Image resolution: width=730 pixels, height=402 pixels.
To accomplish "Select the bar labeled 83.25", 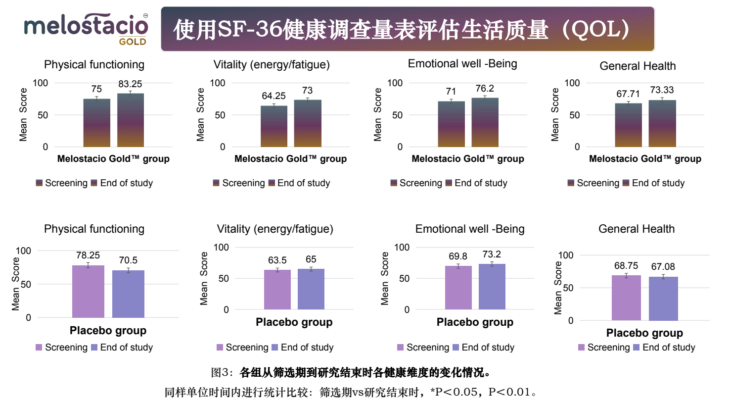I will click(131, 120).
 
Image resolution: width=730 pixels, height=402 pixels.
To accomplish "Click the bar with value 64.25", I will click(274, 126).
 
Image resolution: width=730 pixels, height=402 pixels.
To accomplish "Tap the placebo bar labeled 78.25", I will click(88, 292).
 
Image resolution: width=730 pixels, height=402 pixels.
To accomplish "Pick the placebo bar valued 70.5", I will click(128, 294).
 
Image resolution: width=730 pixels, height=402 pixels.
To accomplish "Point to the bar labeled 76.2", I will click(485, 122).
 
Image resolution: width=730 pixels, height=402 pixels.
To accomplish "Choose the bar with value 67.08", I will click(663, 299).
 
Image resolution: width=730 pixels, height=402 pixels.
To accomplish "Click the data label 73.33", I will click(662, 90).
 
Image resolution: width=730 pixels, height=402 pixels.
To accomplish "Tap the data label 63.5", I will click(277, 260).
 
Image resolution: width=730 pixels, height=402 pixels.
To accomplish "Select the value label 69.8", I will click(458, 256).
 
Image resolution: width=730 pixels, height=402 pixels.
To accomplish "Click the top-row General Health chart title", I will click(638, 66).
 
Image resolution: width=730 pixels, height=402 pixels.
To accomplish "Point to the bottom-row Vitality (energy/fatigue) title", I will click(275, 229).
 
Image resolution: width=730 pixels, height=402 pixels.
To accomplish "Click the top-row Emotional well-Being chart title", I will click(462, 64).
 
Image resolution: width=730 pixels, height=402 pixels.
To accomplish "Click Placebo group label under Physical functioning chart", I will click(108, 331).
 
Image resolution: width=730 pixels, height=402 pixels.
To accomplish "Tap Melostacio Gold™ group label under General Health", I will click(645, 159).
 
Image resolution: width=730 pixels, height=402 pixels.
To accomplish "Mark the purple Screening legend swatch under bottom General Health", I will click(582, 348).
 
